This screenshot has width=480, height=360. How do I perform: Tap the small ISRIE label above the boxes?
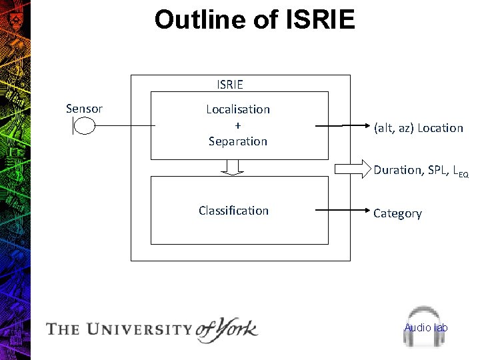[x=230, y=85]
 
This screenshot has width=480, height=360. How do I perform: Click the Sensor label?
[x=84, y=109]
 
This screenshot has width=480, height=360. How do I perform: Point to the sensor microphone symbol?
[x=84, y=125]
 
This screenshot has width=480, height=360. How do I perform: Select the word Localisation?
[x=238, y=109]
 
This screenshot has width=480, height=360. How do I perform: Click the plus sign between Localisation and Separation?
[x=238, y=125]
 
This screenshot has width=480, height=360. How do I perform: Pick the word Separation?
[x=238, y=141]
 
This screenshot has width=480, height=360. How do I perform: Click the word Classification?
[x=233, y=211]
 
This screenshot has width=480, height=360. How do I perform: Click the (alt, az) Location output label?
[x=419, y=128]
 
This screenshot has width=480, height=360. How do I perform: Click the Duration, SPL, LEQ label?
[x=421, y=171]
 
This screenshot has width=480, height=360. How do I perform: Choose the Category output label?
[x=397, y=213]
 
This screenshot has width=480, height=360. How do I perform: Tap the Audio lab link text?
[x=426, y=327]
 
